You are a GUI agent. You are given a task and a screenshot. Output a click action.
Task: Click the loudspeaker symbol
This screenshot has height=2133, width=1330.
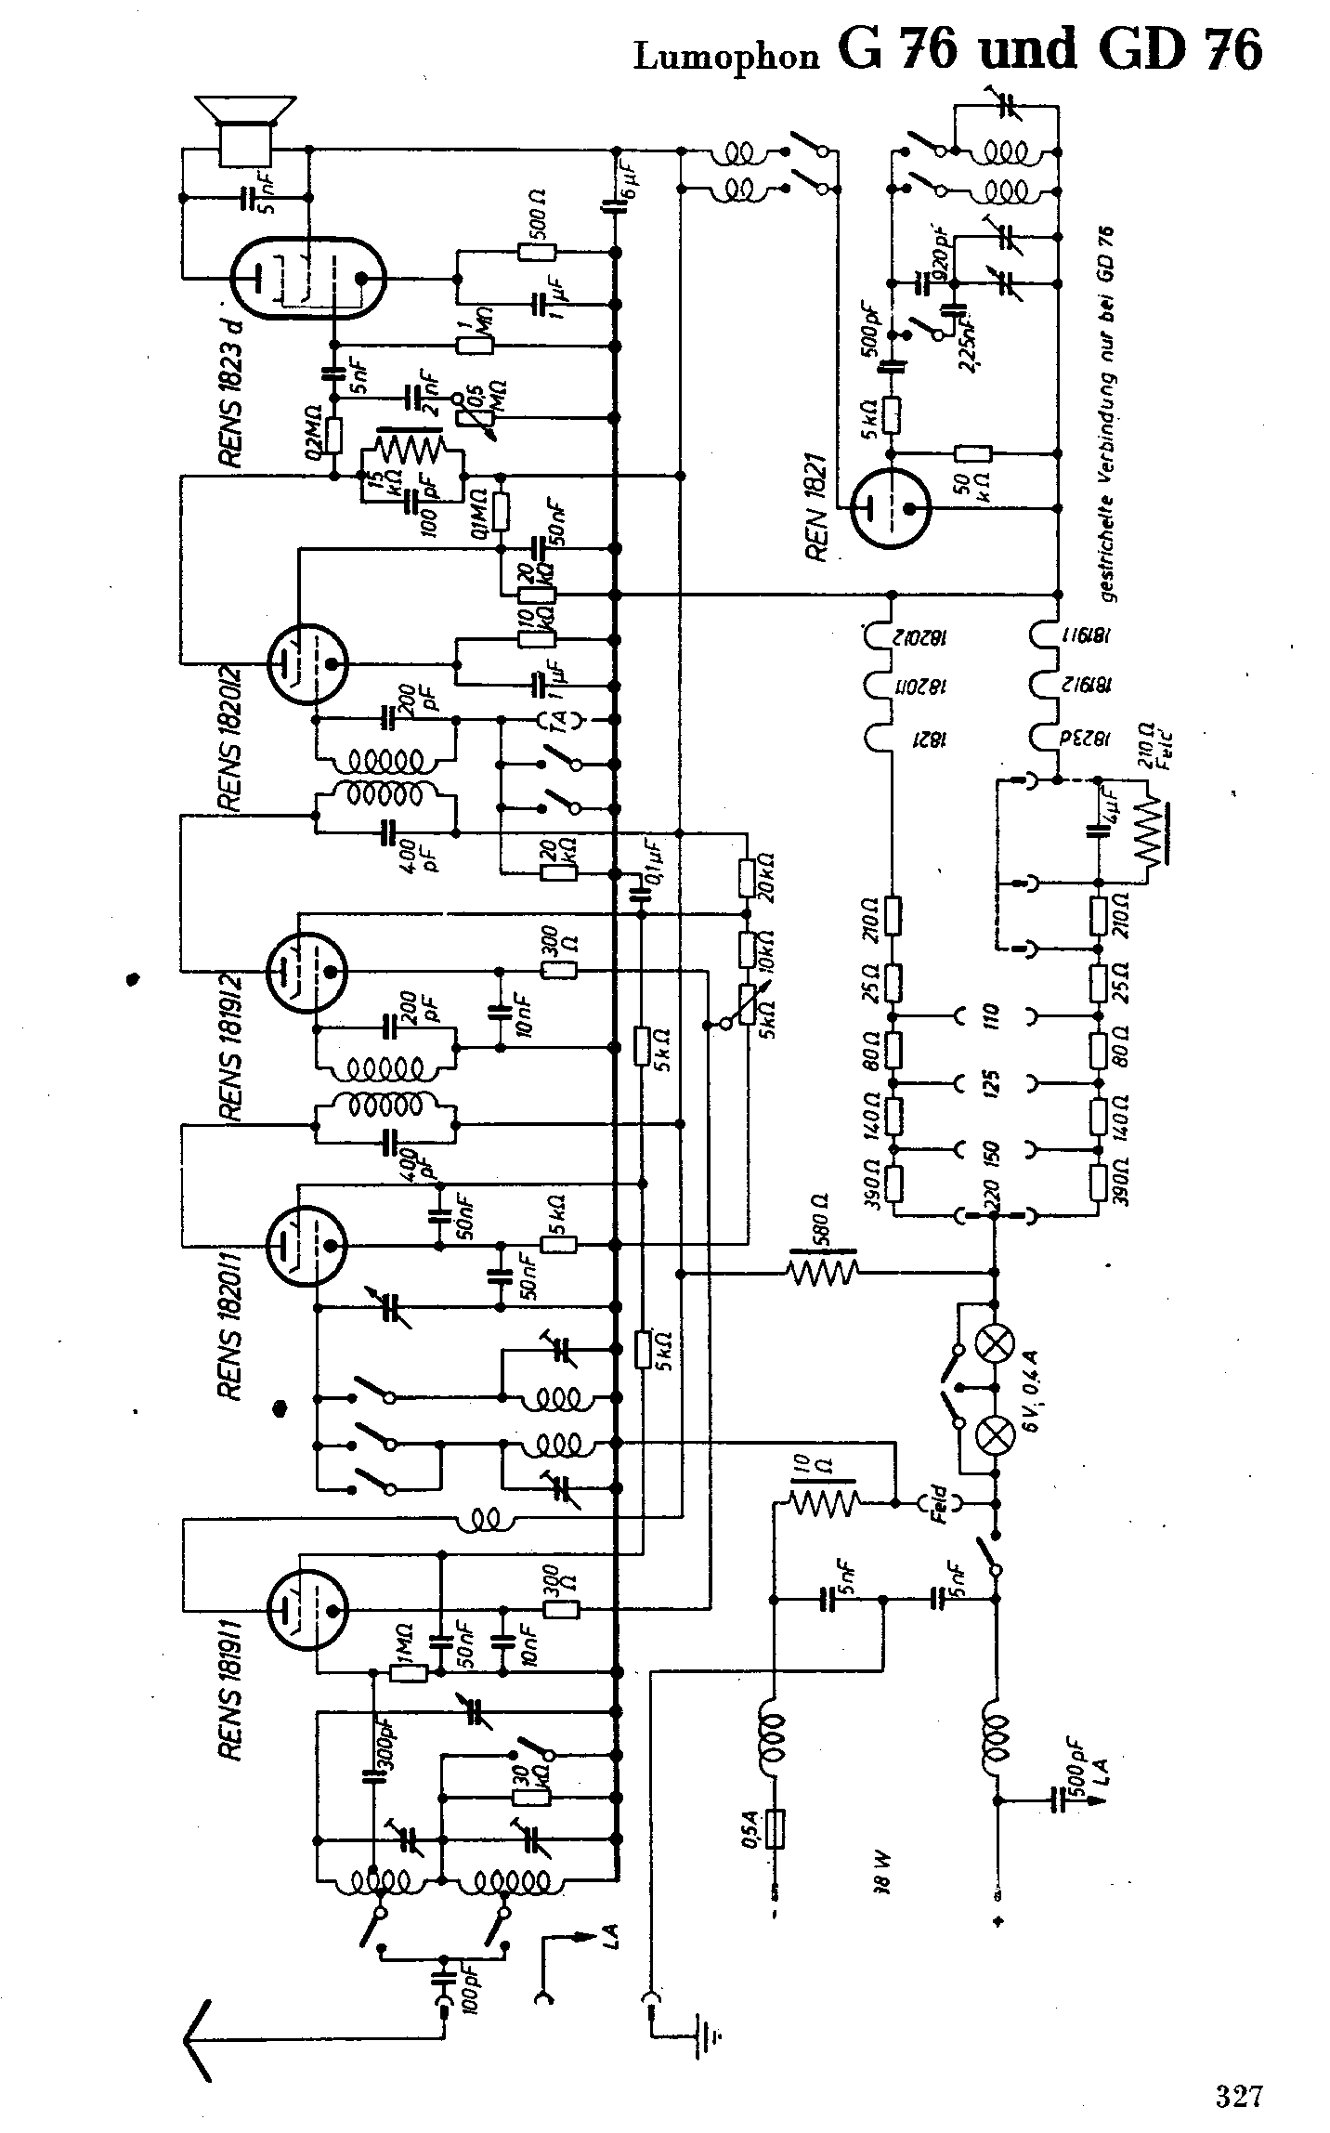click(x=247, y=130)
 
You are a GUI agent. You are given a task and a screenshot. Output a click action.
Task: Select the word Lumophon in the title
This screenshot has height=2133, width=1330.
click(x=727, y=56)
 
